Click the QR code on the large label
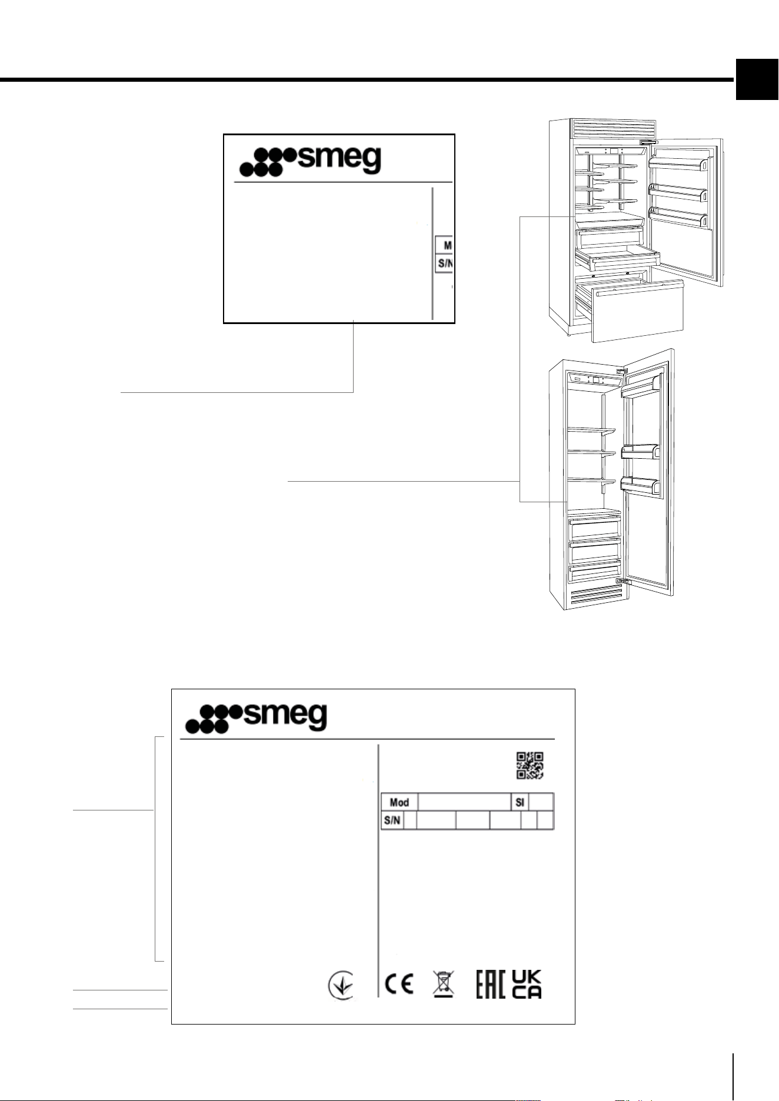(530, 765)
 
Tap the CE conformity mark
(398, 984)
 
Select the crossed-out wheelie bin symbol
(443, 984)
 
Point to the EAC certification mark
(491, 984)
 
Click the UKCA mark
(527, 984)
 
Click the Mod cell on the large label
(400, 802)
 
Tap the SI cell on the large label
(520, 802)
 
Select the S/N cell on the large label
(392, 820)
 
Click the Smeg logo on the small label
(310, 161)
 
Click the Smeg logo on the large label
(256, 718)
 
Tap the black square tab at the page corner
(757, 80)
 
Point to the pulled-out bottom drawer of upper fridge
(632, 309)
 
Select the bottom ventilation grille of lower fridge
(593, 596)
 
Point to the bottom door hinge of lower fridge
(622, 580)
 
